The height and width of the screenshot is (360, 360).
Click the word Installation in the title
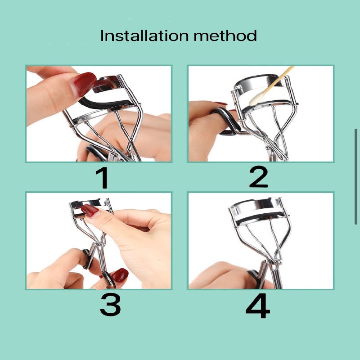pyautogui.click(x=144, y=36)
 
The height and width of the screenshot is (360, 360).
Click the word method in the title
pyautogui.click(x=225, y=36)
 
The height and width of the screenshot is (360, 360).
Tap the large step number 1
pyautogui.click(x=103, y=178)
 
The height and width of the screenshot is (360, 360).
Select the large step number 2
pyautogui.click(x=258, y=176)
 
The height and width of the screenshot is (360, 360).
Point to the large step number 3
pyautogui.click(x=110, y=305)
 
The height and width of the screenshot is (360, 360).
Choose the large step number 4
pyautogui.click(x=257, y=306)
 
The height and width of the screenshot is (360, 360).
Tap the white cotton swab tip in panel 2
pyautogui.click(x=256, y=99)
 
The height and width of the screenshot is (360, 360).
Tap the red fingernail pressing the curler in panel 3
pyautogui.click(x=90, y=211)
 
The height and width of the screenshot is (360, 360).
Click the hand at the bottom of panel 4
pyautogui.click(x=225, y=276)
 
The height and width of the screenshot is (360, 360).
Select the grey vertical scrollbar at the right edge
pyautogui.click(x=356, y=176)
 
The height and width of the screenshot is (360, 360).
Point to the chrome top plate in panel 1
pyautogui.click(x=108, y=83)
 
